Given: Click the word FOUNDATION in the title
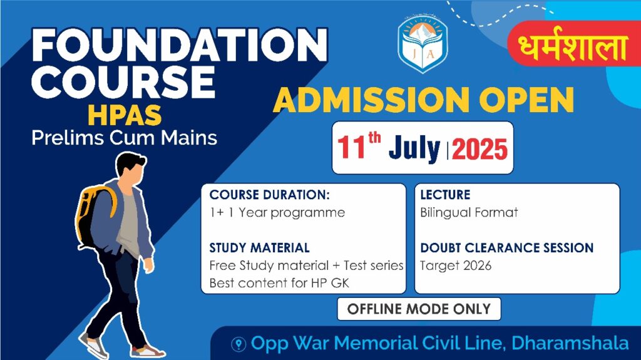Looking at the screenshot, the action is coord(180,45).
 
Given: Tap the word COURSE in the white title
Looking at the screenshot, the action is coord(123,81).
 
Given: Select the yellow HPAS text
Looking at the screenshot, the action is coord(125,115).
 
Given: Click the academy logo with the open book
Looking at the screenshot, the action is coord(423,44).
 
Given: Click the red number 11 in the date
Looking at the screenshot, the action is coord(351,147).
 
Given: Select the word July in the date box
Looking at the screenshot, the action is coord(414,148).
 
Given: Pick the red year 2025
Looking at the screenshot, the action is coord(479,149).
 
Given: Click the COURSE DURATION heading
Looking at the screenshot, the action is coord(269,195).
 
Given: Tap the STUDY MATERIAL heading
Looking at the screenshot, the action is coord(259,248).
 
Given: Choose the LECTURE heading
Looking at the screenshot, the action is coord(445,195).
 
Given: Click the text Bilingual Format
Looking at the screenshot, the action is coord(469,213).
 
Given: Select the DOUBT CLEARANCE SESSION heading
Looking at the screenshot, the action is coord(507,248).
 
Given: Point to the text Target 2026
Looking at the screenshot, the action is coord(456,266).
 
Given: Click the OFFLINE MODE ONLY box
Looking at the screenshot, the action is coord(419,309).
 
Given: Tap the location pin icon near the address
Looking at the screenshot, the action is coord(238,344).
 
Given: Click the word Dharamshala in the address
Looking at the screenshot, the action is coord(570,343).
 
